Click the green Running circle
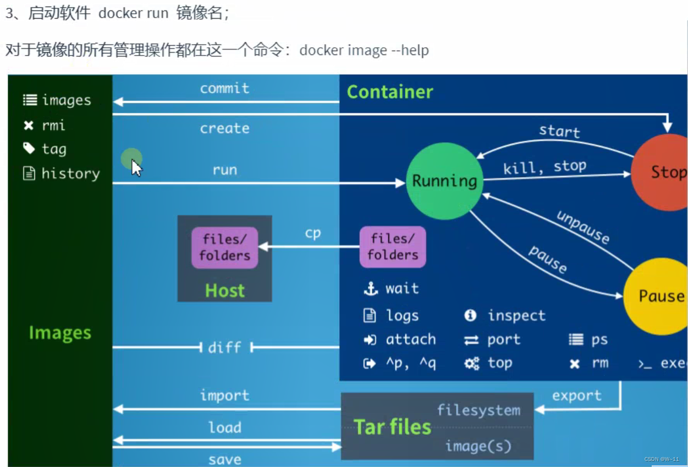(444, 181)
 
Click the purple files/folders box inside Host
(224, 248)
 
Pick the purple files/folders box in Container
(393, 247)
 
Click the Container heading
(390, 92)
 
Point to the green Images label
(60, 333)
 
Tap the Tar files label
(392, 427)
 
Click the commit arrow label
(224, 89)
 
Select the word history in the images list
(70, 174)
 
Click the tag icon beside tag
(29, 148)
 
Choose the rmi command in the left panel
(53, 125)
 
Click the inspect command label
(516, 316)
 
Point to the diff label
(224, 347)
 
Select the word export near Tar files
(576, 396)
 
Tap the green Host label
(224, 290)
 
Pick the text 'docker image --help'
(364, 51)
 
